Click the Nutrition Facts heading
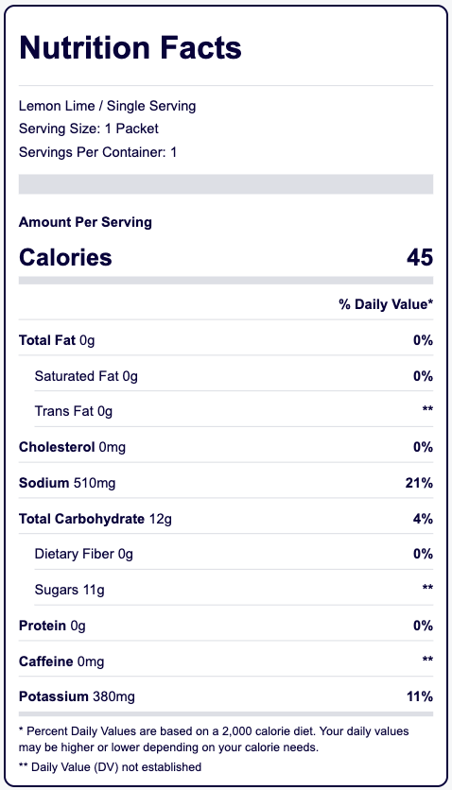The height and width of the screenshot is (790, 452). (x=130, y=48)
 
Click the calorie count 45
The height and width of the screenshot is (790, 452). (x=420, y=257)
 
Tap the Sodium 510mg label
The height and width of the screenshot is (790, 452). (x=67, y=483)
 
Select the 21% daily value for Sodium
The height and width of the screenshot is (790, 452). (x=419, y=483)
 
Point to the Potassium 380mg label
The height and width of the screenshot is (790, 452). (x=77, y=696)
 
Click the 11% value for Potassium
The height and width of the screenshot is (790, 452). (x=420, y=696)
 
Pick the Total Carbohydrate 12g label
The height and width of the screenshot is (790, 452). (x=96, y=519)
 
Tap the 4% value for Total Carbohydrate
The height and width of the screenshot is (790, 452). (x=423, y=519)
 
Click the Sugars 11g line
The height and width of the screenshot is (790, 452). (x=70, y=590)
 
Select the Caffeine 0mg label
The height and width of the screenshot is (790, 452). (x=61, y=661)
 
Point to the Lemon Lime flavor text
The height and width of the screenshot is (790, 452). (x=57, y=106)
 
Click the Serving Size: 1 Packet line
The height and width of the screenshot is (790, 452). (x=89, y=129)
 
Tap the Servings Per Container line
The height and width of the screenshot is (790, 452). (x=97, y=152)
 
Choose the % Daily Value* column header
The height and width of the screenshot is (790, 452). (x=386, y=304)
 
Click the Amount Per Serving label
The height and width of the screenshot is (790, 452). (x=85, y=222)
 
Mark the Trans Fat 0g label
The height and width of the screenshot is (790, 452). (x=74, y=412)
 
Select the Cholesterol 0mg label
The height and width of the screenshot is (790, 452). (x=72, y=447)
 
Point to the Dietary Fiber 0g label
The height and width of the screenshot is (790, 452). (x=83, y=554)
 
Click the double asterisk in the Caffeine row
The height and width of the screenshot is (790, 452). (x=427, y=659)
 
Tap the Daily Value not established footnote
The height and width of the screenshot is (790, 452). (x=110, y=767)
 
